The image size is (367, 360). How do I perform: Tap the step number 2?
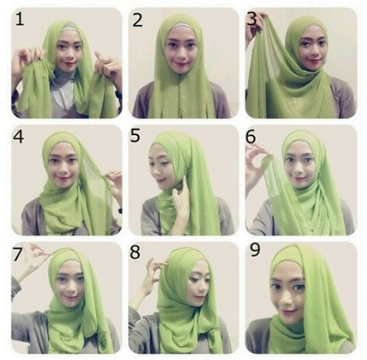pyautogui.click(x=138, y=20)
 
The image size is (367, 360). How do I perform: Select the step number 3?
pyautogui.click(x=253, y=17)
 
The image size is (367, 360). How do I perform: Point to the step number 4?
pyautogui.click(x=19, y=135)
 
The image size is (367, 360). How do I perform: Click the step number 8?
pyautogui.click(x=136, y=252)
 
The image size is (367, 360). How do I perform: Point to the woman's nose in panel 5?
pyautogui.click(x=159, y=165)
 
